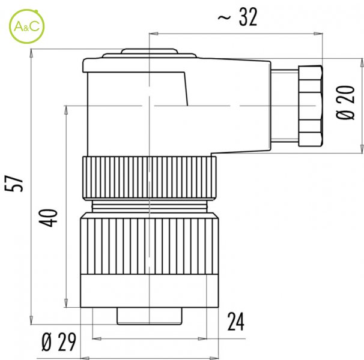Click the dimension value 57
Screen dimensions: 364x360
(14, 184)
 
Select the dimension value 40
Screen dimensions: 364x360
(48, 218)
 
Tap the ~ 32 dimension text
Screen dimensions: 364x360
(237, 17)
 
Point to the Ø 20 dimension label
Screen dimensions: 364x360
(345, 103)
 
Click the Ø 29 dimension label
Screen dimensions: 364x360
(59, 343)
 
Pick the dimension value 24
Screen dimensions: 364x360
(235, 322)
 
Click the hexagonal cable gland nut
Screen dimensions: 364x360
(311, 106)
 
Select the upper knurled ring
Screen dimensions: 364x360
(150, 178)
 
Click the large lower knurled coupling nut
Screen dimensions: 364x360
(150, 244)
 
